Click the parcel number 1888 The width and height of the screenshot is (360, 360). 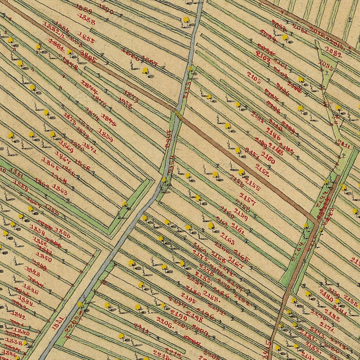click(86, 21)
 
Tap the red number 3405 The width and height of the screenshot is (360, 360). click(88, 56)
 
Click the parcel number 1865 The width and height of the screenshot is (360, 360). click(50, 163)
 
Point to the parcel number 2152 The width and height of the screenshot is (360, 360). click(263, 170)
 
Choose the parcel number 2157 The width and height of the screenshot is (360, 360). click(247, 199)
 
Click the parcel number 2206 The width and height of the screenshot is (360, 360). click(165, 323)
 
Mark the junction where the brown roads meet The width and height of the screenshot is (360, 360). click(316, 222)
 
